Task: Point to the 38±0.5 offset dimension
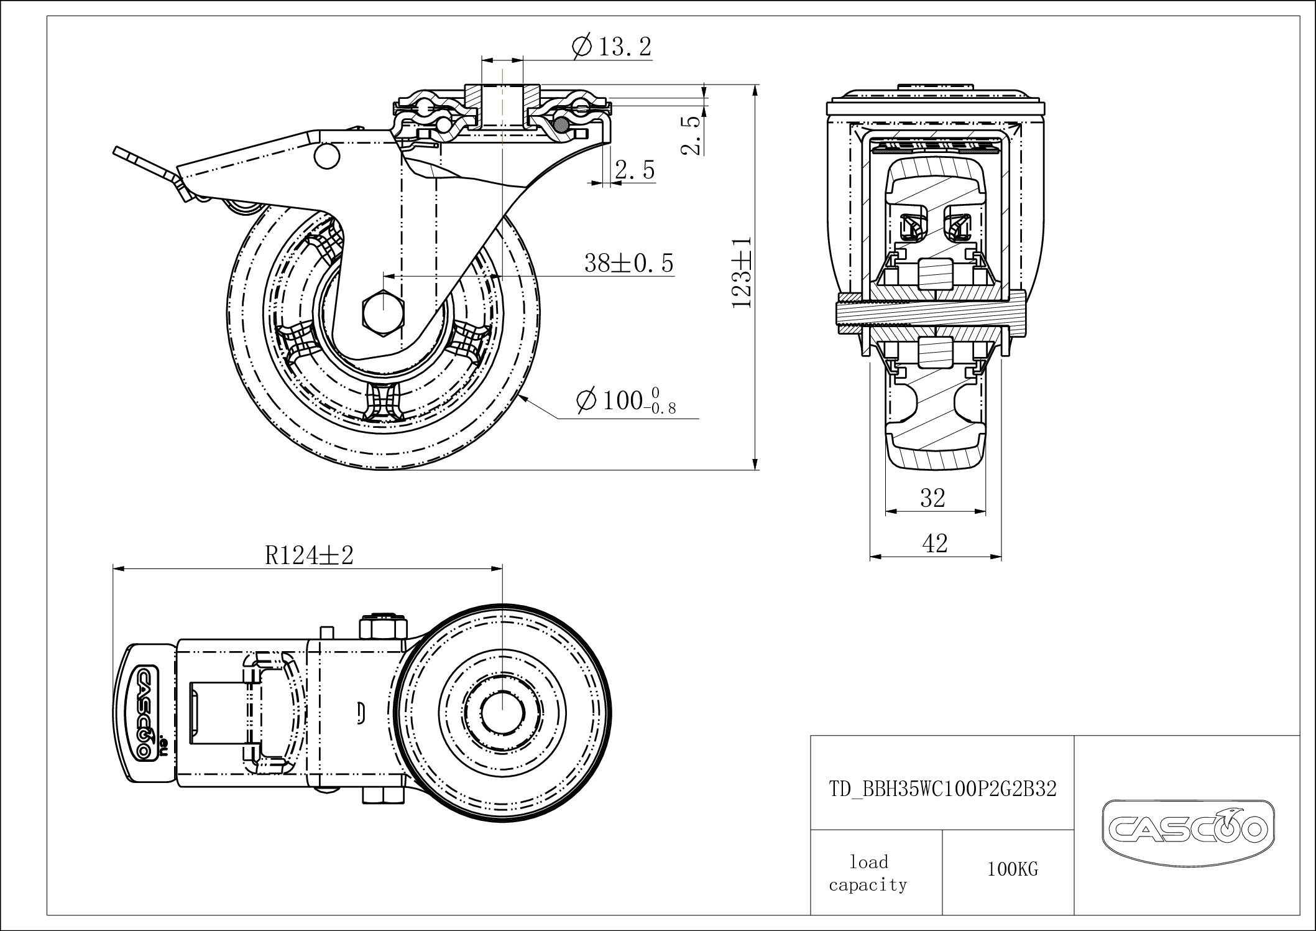[x=628, y=263]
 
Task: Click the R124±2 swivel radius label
[x=309, y=555]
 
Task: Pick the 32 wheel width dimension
[x=932, y=498]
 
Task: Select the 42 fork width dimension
[x=935, y=543]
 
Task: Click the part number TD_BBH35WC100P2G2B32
[x=942, y=789]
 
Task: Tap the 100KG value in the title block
[x=1013, y=869]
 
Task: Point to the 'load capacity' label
[x=868, y=873]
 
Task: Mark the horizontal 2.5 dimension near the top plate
[x=635, y=170]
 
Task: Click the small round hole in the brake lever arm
[x=327, y=155]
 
